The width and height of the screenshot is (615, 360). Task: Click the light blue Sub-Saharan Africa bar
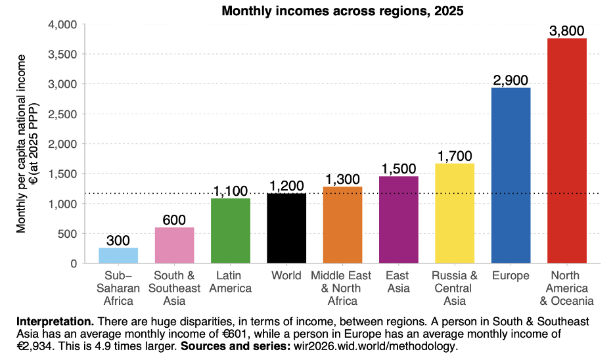[x=118, y=256]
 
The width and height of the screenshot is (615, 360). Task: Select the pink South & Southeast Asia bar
[x=174, y=245]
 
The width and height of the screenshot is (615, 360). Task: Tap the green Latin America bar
[x=230, y=231]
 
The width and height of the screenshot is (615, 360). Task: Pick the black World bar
[x=286, y=228]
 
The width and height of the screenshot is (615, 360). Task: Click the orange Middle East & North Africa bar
[x=342, y=225]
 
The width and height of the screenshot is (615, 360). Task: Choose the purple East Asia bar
[x=398, y=219]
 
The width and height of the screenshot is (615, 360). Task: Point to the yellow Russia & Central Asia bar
[x=454, y=214]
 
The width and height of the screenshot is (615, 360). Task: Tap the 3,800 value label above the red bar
[x=566, y=31]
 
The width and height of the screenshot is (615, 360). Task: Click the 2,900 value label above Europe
[x=510, y=80]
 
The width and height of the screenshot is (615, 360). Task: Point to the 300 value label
[x=118, y=240]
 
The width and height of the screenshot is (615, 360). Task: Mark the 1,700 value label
[x=454, y=156]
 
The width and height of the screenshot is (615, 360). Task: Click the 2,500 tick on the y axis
[x=63, y=114]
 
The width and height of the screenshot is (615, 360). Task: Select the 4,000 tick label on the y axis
[x=63, y=25]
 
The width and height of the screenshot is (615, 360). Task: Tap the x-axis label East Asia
[x=398, y=282]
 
